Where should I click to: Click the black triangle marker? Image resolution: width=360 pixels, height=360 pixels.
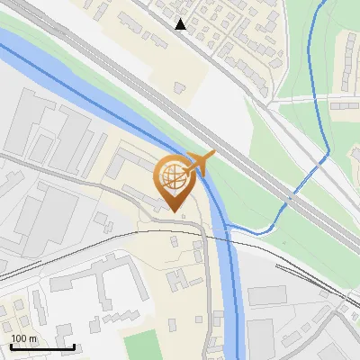[x=181, y=24]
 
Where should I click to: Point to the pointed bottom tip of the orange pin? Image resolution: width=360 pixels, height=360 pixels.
[x=174, y=213]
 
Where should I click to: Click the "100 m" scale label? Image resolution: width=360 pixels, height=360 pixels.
[x=24, y=338]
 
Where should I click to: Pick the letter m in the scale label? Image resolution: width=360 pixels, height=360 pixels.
[x=33, y=338]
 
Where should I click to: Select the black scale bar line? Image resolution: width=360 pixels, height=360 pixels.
[x=42, y=347]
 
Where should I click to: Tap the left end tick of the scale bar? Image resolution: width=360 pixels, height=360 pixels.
[x=12, y=346]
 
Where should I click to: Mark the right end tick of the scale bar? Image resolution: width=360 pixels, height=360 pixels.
[x=74, y=346]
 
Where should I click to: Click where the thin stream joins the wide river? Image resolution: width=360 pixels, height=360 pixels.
[x=227, y=225]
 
